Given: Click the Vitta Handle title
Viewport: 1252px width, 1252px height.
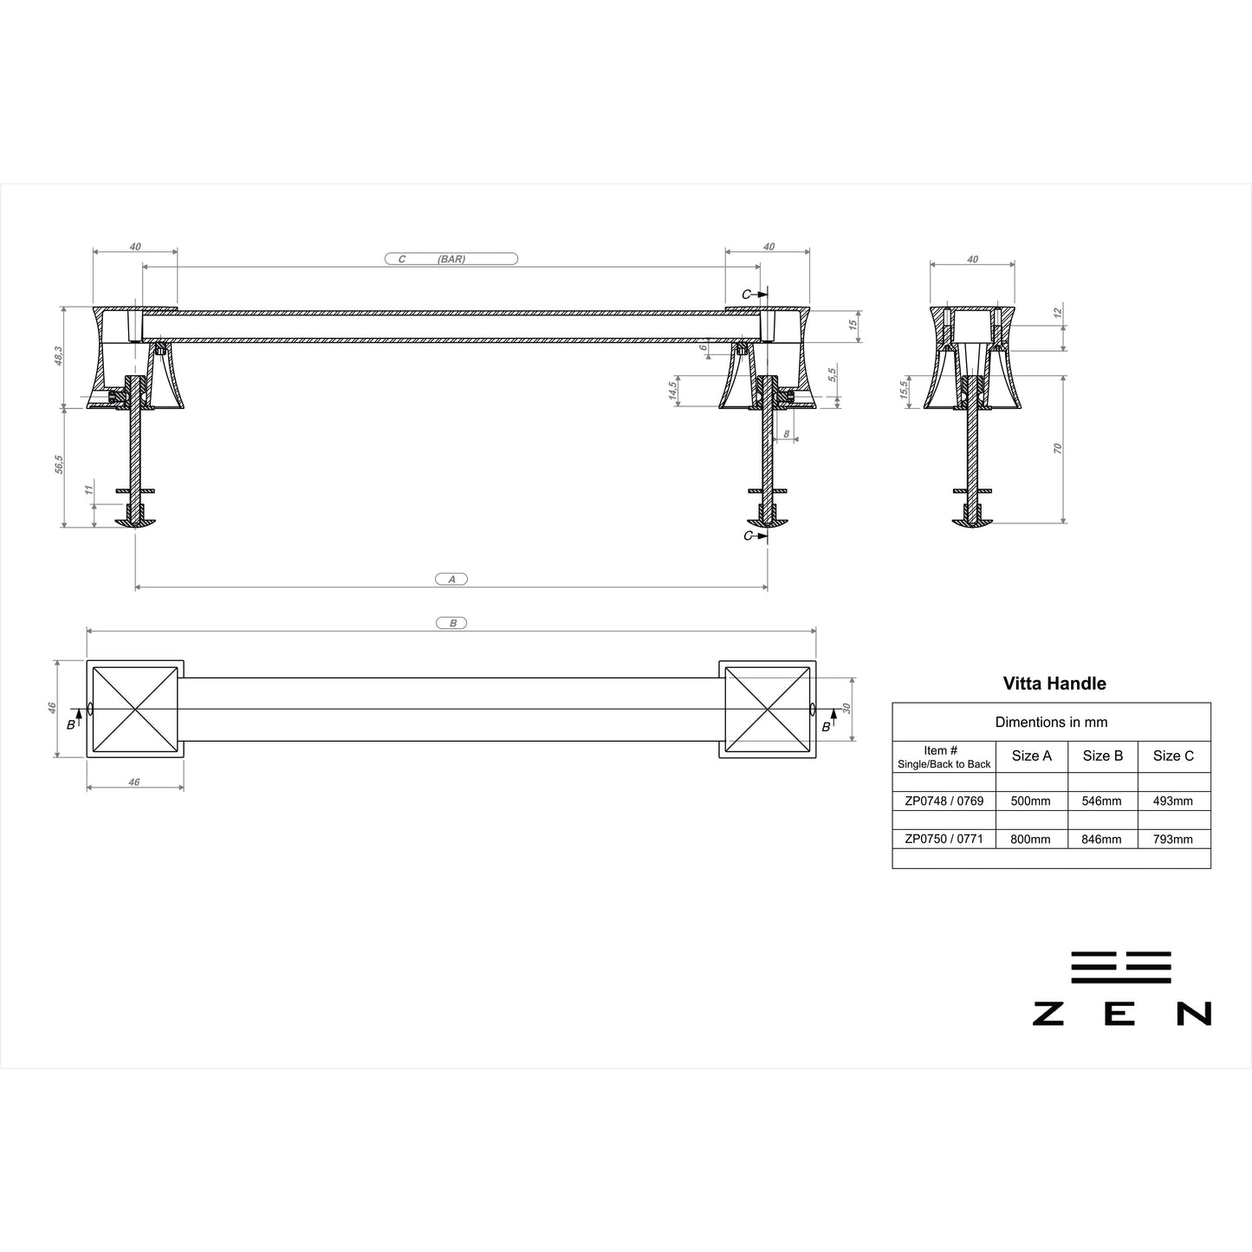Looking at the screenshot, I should (1054, 683).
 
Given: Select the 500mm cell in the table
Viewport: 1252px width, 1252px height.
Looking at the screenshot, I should (1030, 801).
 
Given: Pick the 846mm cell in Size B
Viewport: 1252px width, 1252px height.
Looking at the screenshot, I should (1101, 839).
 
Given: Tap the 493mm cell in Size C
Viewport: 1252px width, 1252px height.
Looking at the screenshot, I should (1172, 801).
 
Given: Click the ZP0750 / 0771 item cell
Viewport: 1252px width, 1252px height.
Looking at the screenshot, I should (944, 839).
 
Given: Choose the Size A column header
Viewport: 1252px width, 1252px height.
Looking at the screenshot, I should (1031, 756).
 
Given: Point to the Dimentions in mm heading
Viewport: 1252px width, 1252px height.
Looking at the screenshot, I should (1051, 722).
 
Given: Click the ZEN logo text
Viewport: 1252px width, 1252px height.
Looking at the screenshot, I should (1121, 1013).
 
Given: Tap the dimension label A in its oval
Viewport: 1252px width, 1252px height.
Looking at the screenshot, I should (451, 579).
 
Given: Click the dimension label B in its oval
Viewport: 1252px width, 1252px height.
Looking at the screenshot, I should (452, 623).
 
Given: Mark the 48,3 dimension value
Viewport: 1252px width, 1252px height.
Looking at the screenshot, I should (58, 356).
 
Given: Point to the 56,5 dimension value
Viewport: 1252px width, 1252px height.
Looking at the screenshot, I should (58, 465).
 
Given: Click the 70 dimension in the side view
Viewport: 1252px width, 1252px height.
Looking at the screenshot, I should (1058, 448).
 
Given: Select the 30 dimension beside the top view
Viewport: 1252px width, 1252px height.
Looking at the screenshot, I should (847, 708).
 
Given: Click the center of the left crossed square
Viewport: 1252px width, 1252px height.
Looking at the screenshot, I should (134, 709).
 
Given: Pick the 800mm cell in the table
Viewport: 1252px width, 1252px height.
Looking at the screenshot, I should (1030, 839).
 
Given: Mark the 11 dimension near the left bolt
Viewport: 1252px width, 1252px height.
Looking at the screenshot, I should (88, 490).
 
